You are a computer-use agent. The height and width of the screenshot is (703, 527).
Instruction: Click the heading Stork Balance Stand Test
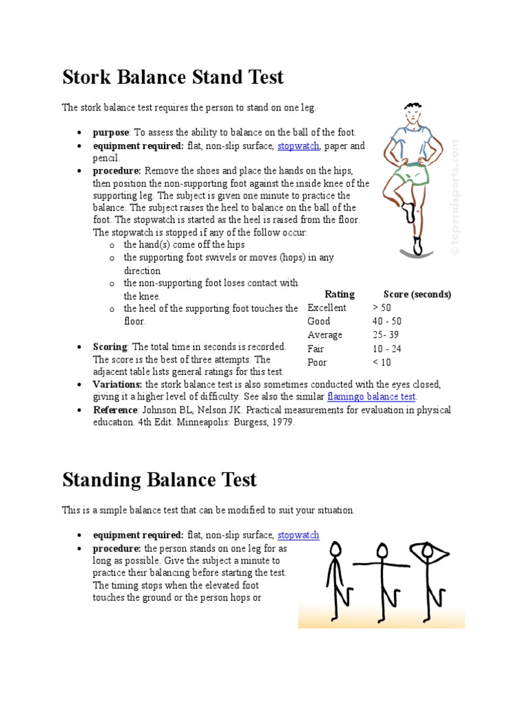[173, 77]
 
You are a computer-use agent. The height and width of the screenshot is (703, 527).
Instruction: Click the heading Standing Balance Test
[159, 479]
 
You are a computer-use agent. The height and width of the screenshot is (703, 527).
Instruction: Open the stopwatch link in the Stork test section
[298, 146]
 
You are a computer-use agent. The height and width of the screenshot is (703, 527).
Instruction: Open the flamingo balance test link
[372, 397]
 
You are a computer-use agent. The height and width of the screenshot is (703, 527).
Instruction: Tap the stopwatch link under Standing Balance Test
[298, 535]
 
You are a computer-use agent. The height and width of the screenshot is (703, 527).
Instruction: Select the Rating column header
[340, 295]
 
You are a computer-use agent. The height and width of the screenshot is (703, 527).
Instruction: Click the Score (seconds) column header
[417, 295]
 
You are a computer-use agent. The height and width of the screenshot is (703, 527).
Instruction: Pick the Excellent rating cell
[327, 308]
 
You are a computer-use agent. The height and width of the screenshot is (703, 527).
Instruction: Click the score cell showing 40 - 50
[387, 321]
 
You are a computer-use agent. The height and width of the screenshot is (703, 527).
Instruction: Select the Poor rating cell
[318, 362]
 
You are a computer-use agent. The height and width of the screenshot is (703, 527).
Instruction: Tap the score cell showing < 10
[382, 362]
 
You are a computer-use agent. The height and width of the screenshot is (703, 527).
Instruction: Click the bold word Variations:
[118, 384]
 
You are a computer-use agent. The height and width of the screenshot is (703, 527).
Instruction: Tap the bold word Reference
[115, 410]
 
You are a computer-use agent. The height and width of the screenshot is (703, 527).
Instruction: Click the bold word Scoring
[110, 347]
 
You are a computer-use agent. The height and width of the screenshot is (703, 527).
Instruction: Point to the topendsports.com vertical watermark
[455, 199]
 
